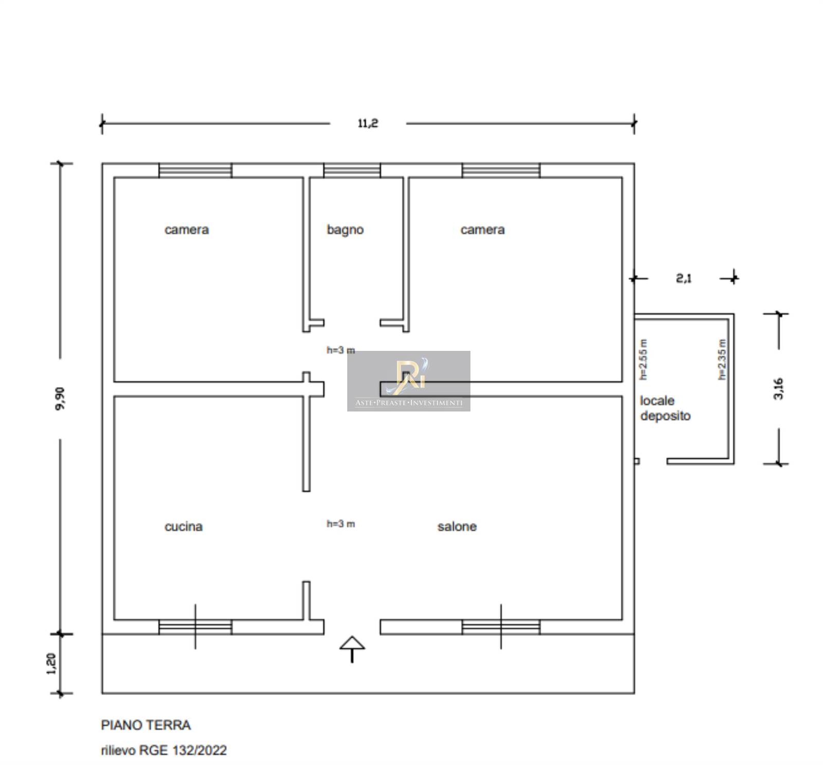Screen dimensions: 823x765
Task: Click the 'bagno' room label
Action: pos(345,229)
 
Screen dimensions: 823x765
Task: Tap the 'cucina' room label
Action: pos(184,526)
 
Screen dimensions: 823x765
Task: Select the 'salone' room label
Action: pos(457,526)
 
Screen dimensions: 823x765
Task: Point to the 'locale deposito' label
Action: pos(665,408)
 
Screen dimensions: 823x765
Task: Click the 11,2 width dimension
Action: pos(368,123)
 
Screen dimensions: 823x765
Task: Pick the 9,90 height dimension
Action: pos(60,398)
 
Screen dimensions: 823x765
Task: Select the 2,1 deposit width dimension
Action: pos(684,278)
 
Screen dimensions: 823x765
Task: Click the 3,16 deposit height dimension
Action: pos(779,388)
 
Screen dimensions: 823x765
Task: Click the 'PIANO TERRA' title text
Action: pos(146,725)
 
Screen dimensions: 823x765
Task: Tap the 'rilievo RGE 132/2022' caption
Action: pos(164,750)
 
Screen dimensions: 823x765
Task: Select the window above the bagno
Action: pos(352,170)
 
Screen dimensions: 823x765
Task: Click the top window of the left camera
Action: pos(195,170)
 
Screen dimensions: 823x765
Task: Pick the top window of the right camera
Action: pos(501,170)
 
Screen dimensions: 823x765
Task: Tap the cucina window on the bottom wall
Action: pos(195,627)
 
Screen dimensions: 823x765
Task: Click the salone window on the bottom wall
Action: pos(501,627)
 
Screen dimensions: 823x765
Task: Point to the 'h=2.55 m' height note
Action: pos(643,360)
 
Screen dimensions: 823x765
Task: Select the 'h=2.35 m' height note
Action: pos(722,360)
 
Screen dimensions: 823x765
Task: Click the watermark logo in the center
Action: pos(409,381)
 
